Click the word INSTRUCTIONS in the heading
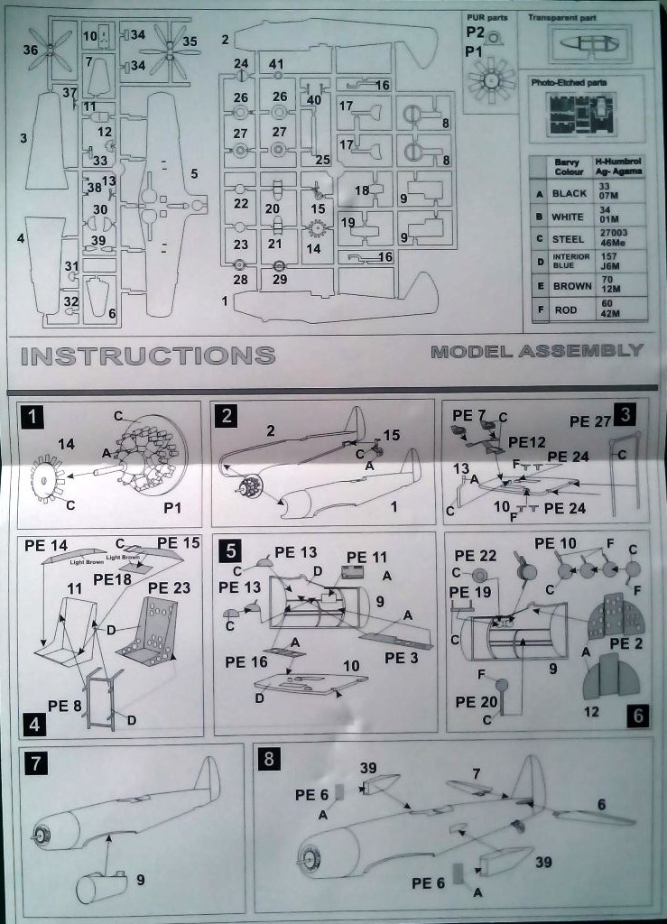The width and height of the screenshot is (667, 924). [147, 355]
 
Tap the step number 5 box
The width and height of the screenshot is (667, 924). [231, 549]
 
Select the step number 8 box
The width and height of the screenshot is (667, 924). [268, 759]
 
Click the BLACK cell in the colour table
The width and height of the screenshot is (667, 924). [569, 193]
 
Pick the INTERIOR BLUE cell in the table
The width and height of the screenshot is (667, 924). [570, 262]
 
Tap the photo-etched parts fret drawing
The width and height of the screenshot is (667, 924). [586, 114]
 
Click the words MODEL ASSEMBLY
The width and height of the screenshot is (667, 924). [537, 351]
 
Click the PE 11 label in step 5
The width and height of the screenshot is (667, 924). [367, 558]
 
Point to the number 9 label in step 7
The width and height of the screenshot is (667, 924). [140, 879]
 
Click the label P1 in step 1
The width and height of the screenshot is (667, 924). [172, 508]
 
